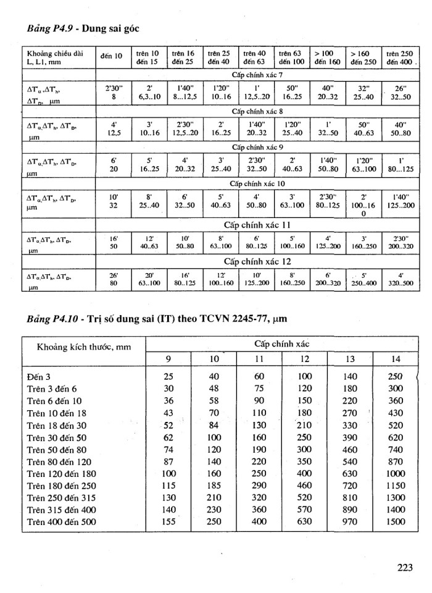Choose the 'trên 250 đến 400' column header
pos(400,57)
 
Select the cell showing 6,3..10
pos(149,97)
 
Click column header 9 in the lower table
pos(168,359)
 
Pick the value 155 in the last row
pos(168,522)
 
